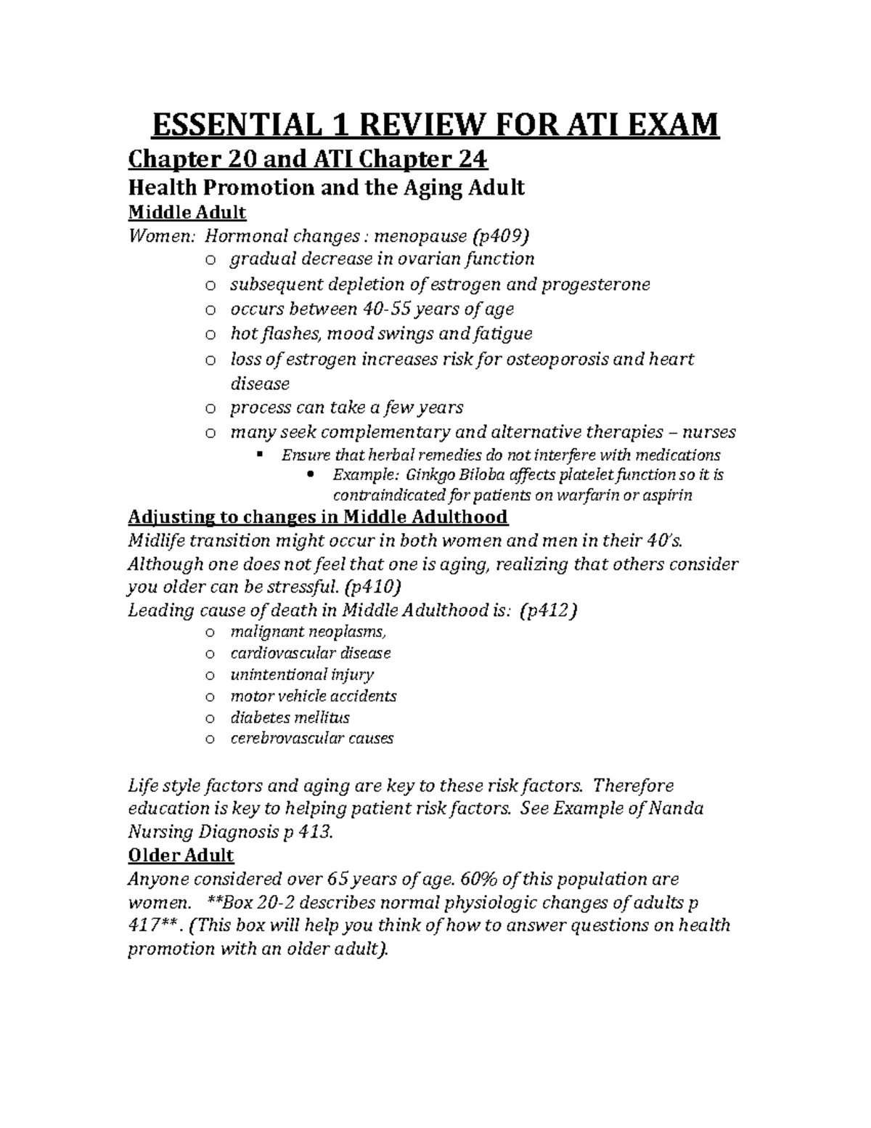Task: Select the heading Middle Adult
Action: [187, 212]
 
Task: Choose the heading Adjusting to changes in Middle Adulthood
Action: [318, 517]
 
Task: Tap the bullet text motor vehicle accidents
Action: [313, 696]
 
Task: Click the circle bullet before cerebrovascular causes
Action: [210, 739]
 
